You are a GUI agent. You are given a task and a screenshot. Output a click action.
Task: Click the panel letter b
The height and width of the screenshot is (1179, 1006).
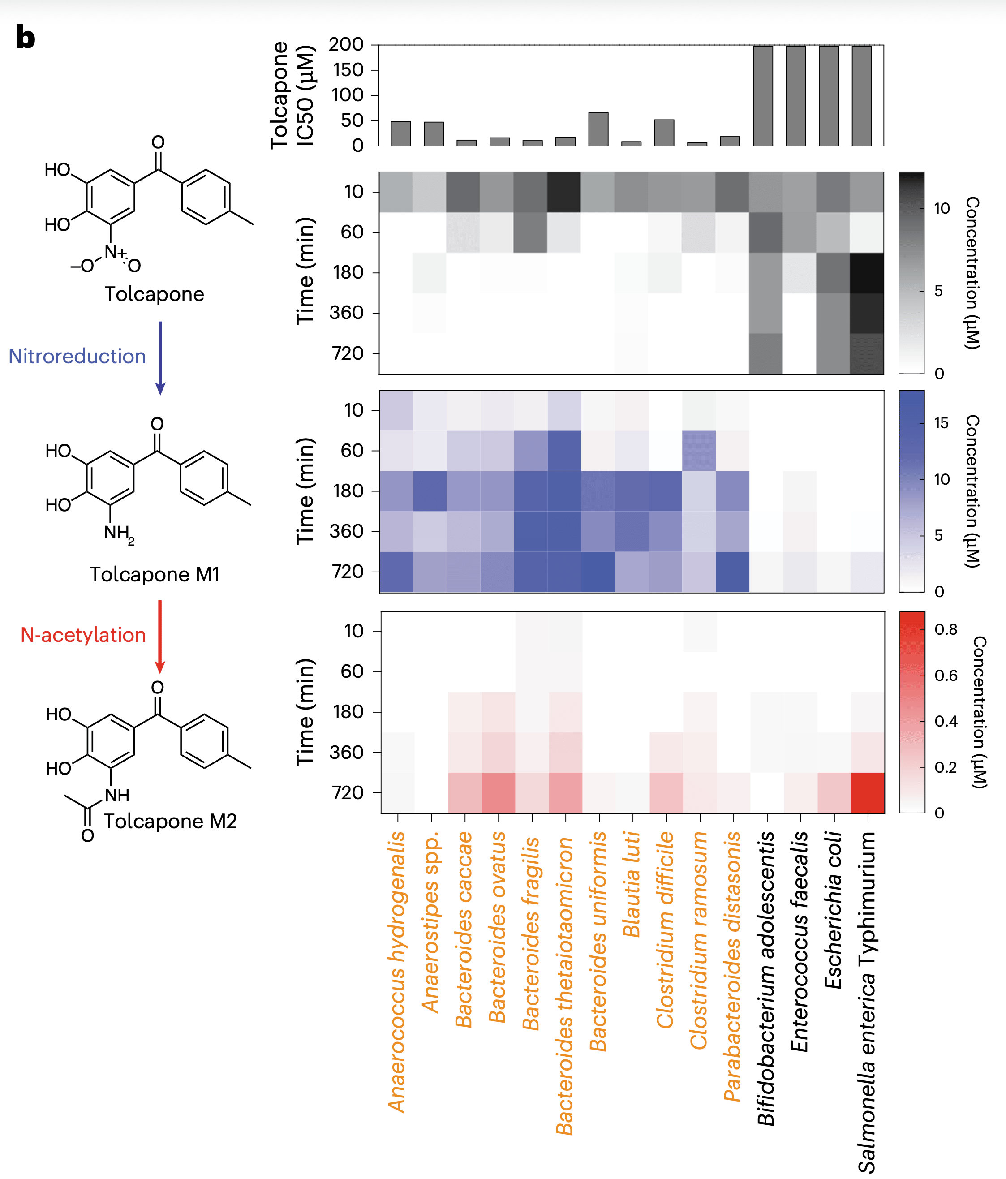point(25,38)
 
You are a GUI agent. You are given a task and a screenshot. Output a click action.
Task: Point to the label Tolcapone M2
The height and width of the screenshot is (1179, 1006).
point(170,821)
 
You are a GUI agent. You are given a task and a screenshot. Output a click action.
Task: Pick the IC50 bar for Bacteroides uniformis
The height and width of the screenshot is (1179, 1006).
point(598,129)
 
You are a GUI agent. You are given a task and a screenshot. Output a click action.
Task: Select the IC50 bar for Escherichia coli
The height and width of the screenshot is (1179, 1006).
point(829,95)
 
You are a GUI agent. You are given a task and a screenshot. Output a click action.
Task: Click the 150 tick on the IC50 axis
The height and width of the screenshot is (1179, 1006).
point(348,70)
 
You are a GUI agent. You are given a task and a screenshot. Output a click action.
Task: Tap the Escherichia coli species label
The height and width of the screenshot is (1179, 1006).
point(833,910)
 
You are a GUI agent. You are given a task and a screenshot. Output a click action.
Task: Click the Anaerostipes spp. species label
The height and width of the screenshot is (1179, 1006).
point(430,922)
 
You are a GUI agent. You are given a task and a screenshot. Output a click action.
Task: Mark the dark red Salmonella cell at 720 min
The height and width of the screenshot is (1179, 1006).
point(867,792)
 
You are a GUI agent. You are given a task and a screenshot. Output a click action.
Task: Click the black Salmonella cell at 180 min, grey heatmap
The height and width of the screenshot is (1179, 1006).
point(867,272)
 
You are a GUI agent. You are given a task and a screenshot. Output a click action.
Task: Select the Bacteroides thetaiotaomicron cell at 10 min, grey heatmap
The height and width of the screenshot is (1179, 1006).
point(564,192)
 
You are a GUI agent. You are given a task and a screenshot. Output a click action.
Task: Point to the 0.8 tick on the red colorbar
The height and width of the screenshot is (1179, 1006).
point(946,629)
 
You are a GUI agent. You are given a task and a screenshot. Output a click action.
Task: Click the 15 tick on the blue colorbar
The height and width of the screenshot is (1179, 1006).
point(941,423)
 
